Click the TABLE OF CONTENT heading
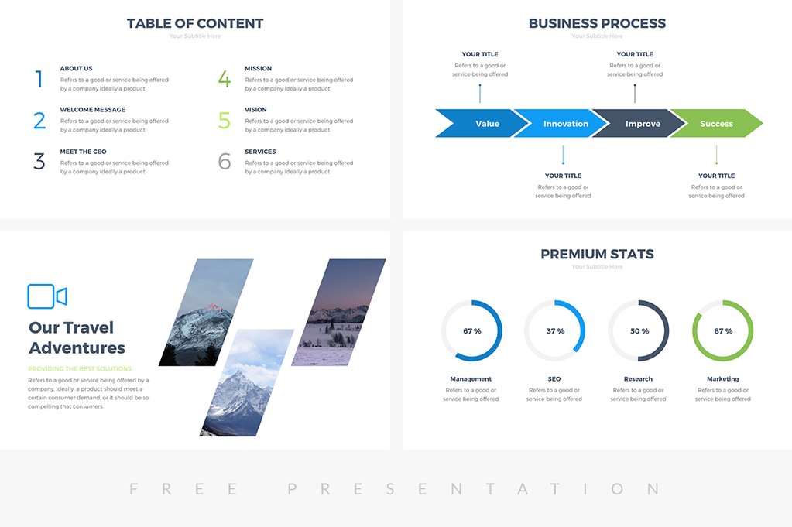195,23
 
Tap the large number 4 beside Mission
224,79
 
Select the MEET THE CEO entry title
83,152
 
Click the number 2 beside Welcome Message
39,121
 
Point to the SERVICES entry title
260,152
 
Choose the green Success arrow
718,124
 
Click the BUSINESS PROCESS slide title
597,23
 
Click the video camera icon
46,296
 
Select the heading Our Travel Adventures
77,337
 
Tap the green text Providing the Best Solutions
80,369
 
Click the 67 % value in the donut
471,331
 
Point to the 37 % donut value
555,331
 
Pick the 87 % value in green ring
722,331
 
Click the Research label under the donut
638,379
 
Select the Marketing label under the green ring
722,379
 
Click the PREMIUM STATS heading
597,254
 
